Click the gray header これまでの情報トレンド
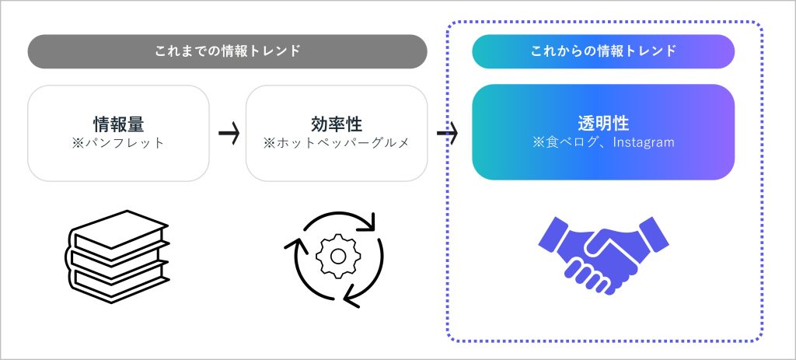[227, 52]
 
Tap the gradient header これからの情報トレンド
[603, 52]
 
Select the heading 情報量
[118, 124]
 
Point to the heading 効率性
[337, 124]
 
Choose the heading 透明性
[603, 124]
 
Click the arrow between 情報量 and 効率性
[228, 133]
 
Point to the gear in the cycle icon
[337, 254]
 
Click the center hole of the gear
[337, 254]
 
